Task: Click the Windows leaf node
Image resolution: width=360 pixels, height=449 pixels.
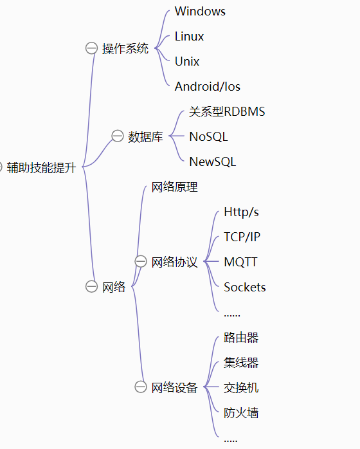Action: pyautogui.click(x=200, y=12)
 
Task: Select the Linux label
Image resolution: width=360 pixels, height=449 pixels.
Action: pyautogui.click(x=189, y=37)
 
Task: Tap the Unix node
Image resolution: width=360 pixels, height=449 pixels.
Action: pyautogui.click(x=187, y=62)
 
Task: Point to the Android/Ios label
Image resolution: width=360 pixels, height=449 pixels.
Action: pyautogui.click(x=208, y=86)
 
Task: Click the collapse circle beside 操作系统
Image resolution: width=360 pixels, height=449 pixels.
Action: pyautogui.click(x=91, y=48)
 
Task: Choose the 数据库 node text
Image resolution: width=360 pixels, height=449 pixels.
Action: pyautogui.click(x=145, y=137)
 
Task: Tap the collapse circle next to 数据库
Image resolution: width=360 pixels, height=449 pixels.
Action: pyautogui.click(x=118, y=136)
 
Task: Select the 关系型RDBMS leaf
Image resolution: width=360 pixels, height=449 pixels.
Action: pyautogui.click(x=227, y=112)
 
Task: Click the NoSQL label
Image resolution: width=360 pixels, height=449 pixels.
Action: pyautogui.click(x=209, y=136)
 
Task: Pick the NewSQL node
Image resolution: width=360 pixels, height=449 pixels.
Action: pyautogui.click(x=213, y=162)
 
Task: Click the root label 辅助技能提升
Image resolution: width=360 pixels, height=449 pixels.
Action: pyautogui.click(x=42, y=167)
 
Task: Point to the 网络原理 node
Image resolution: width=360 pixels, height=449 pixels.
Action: pyautogui.click(x=175, y=187)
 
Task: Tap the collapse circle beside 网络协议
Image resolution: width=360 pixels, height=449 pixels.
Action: pyautogui.click(x=141, y=261)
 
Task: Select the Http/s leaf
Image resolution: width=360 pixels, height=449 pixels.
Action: pyautogui.click(x=241, y=212)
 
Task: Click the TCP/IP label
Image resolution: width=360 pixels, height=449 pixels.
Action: pyautogui.click(x=242, y=237)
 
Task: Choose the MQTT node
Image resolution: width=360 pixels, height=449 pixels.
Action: pyautogui.click(x=240, y=262)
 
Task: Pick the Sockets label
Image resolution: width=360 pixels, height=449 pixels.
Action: pyautogui.click(x=245, y=287)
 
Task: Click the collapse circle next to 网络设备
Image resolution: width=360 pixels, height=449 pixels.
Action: pyautogui.click(x=141, y=387)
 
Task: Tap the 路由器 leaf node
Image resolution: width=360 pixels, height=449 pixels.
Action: pyautogui.click(x=241, y=338)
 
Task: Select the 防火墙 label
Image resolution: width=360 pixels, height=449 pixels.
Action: pyautogui.click(x=241, y=412)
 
